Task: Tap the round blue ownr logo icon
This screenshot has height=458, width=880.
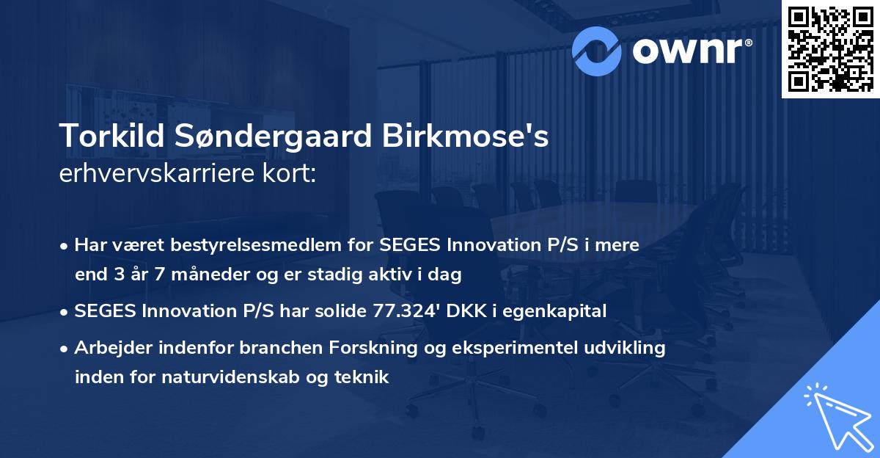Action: pos(598,50)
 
